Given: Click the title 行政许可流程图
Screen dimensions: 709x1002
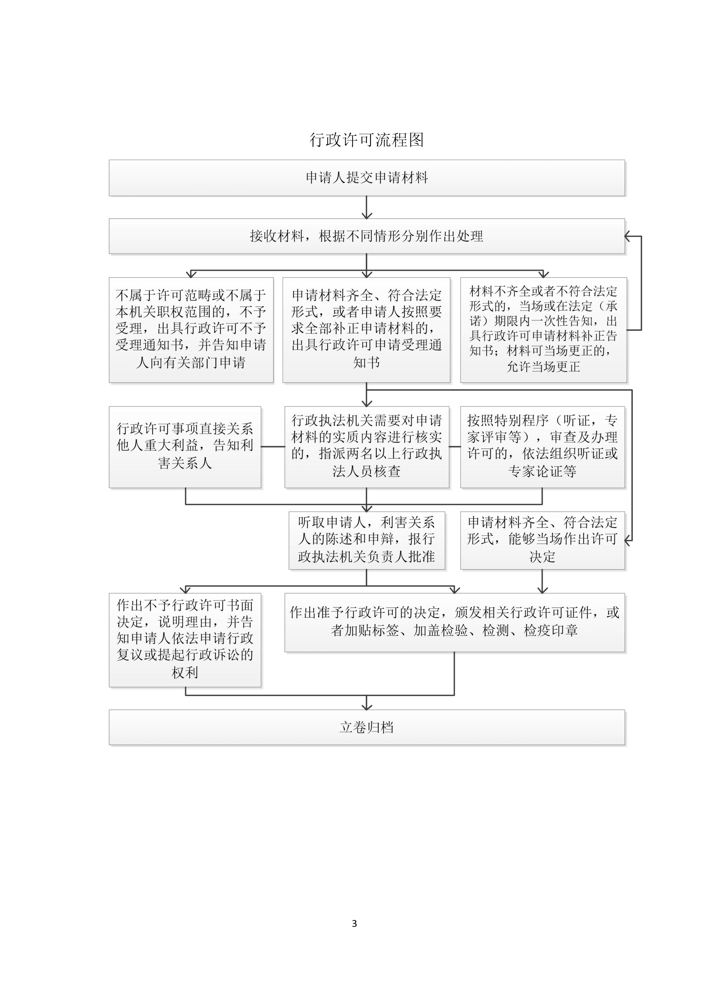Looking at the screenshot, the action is tap(367, 140).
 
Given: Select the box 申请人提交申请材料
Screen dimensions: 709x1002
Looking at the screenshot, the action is tap(367, 178).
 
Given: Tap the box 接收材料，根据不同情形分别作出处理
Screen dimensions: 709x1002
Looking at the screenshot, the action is tap(367, 236).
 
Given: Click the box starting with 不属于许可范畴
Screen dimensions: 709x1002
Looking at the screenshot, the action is tap(191, 330).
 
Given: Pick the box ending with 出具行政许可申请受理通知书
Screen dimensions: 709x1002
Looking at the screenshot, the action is tap(366, 330).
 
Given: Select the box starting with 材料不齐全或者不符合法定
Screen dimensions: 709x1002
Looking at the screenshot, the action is tap(544, 330).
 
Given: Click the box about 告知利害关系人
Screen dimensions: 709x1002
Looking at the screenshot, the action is tap(185, 447).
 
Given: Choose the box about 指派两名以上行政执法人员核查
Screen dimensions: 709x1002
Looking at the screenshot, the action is tap(367, 447).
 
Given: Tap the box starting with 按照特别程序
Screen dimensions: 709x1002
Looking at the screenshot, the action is tap(543, 447).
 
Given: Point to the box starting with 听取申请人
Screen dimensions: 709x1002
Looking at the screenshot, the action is tap(367, 540).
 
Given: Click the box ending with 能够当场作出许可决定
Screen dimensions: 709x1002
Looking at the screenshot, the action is tap(543, 540).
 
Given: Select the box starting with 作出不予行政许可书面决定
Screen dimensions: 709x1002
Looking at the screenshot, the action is tap(185, 640).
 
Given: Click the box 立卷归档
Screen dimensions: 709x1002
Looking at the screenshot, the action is tap(367, 727).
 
